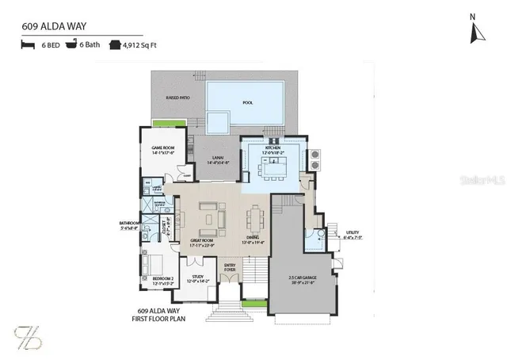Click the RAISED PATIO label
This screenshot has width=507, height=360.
pos(177,98)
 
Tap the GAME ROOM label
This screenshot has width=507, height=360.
pos(163,149)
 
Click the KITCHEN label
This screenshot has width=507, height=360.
pos(273,148)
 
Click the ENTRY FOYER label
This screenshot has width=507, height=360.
pos(230,267)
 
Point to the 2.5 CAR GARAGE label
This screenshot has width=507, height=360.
pos(303,278)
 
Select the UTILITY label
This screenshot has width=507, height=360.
pos(352,233)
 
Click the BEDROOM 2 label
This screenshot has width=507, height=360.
pos(162,278)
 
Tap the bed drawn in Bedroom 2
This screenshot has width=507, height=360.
pos(155,264)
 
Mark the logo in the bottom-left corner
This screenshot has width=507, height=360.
pos(26,336)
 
